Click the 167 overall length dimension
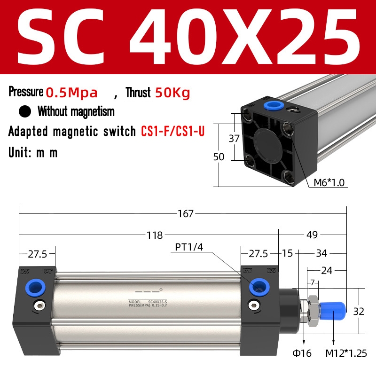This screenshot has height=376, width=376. pyautogui.click(x=186, y=214)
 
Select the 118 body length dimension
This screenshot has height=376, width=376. pyautogui.click(x=155, y=235)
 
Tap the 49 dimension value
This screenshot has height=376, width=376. pyautogui.click(x=312, y=235)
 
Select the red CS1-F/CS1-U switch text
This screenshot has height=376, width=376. pyautogui.click(x=173, y=131)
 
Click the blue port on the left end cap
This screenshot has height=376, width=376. pyautogui.click(x=34, y=286)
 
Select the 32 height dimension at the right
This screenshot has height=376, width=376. pyautogui.click(x=359, y=311)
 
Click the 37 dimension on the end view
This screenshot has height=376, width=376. pyautogui.click(x=234, y=139)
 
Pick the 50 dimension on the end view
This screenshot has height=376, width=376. pyautogui.click(x=219, y=157)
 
